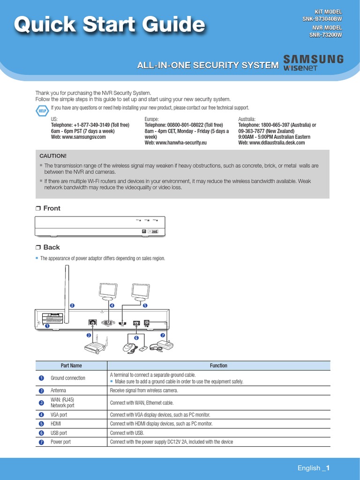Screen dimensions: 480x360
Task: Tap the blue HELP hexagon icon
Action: [42, 111]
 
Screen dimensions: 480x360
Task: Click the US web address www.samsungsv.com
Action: [78, 137]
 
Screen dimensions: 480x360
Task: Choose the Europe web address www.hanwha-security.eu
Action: [176, 142]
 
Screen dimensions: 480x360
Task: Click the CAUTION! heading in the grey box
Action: [53, 156]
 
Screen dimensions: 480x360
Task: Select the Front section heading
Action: [52, 208]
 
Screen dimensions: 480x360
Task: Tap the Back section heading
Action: [51, 247]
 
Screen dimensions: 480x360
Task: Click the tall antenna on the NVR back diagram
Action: [66, 295]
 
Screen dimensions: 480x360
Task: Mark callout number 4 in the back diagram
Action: [112, 306]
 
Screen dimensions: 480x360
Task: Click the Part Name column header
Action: [71, 366]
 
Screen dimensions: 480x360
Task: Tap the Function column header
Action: [218, 366]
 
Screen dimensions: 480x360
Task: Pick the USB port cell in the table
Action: [59, 433]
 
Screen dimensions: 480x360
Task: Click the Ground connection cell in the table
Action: [68, 378]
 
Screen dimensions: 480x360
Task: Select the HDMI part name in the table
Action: [56, 424]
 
